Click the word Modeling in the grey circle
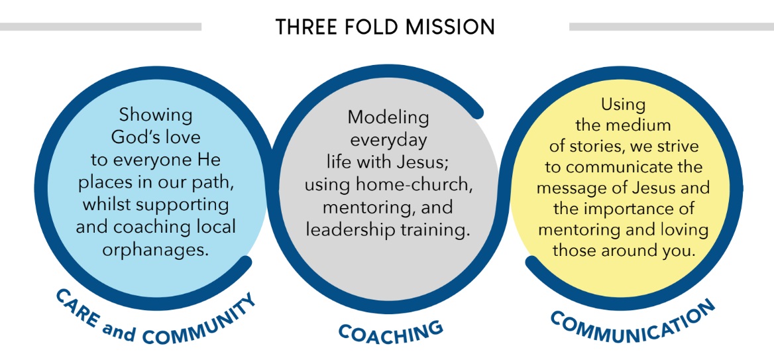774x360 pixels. (388, 117)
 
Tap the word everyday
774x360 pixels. (388, 140)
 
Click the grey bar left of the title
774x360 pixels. (100, 27)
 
